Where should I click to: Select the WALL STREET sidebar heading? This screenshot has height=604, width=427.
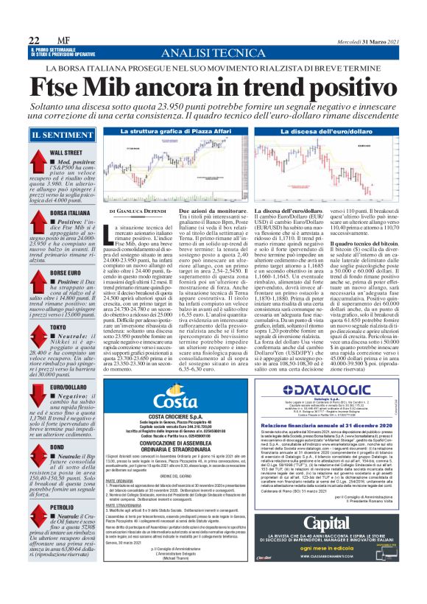pos(67,152)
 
